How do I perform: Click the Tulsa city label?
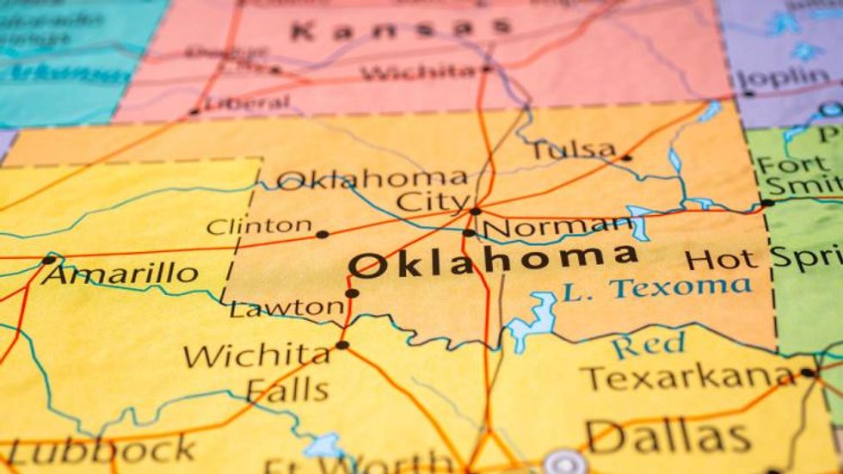(574, 150)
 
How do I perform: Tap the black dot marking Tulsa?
(625, 157)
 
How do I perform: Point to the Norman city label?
(557, 228)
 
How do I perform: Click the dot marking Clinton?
(322, 234)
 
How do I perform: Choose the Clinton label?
(259, 227)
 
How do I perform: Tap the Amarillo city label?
(120, 274)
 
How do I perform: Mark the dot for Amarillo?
(48, 260)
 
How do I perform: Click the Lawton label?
(286, 307)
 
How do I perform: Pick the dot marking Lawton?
(352, 293)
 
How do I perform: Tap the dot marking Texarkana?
(807, 372)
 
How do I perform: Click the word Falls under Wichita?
(287, 390)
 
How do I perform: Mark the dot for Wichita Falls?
(342, 345)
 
